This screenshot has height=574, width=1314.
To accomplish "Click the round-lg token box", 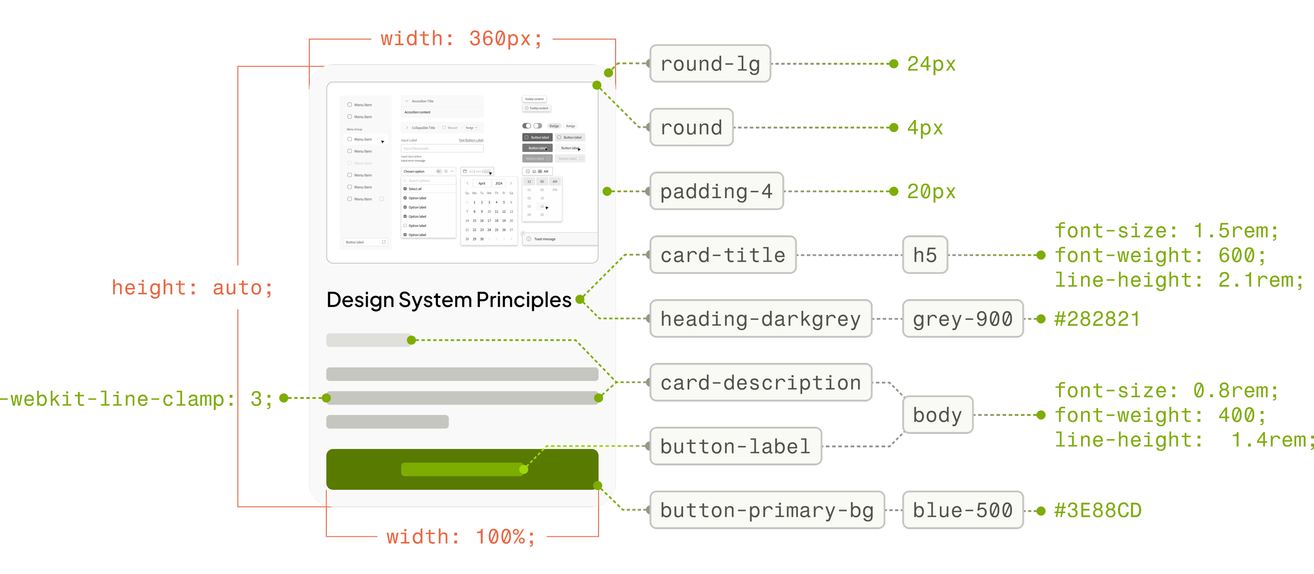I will pyautogui.click(x=710, y=64).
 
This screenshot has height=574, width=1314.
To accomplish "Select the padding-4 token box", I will pyautogui.click(x=716, y=191).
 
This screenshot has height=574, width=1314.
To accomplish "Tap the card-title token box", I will pyautogui.click(x=722, y=255).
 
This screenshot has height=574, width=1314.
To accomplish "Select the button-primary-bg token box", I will pyautogui.click(x=767, y=510).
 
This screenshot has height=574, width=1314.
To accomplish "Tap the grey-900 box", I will pyautogui.click(x=962, y=319).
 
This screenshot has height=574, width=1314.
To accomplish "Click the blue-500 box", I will pyautogui.click(x=962, y=510).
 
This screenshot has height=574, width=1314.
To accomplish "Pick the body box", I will pyautogui.click(x=937, y=414).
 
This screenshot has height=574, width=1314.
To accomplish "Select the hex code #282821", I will pyautogui.click(x=1097, y=319).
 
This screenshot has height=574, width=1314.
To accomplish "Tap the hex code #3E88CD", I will pyautogui.click(x=1098, y=510).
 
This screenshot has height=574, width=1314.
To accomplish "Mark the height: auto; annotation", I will pyautogui.click(x=192, y=288).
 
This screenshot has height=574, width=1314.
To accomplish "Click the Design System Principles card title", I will pyautogui.click(x=448, y=300).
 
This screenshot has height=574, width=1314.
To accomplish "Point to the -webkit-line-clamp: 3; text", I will pyautogui.click(x=137, y=399).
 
